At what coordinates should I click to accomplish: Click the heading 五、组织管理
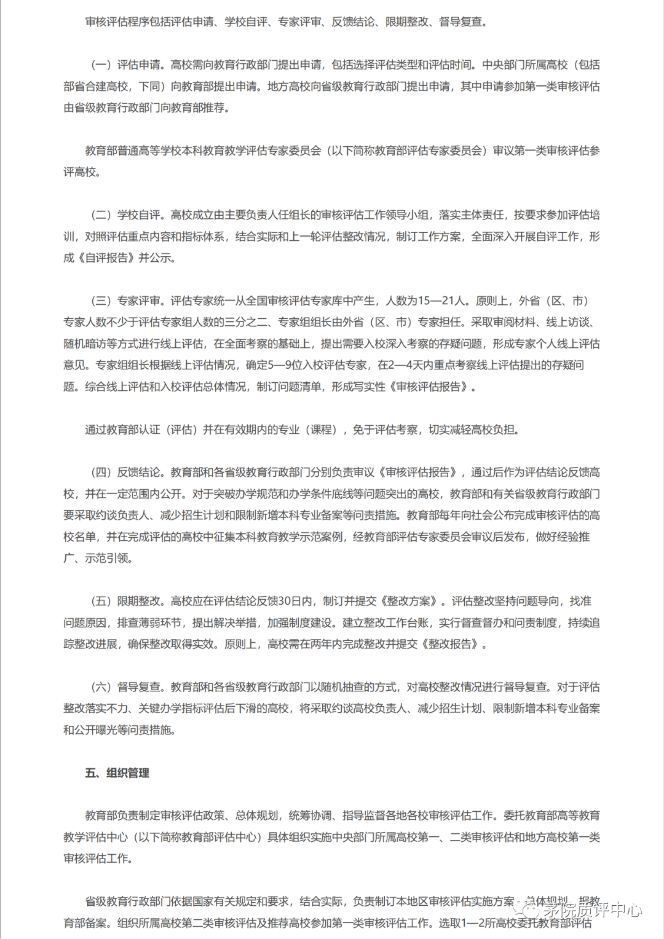pos(117,773)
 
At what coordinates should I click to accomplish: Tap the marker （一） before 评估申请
pos(101,65)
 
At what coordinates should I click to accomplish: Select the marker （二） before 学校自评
pos(101,215)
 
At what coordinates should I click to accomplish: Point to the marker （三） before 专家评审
pos(101,301)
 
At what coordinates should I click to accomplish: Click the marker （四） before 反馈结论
pos(101,473)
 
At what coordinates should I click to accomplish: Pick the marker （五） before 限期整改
pos(101,602)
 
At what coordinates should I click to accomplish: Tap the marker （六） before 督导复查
pos(101,687)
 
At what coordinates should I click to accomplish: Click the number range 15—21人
pos(441,301)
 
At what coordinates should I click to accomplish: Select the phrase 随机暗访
pos(84,344)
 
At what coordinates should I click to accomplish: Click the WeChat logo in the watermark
pos(527,909)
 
